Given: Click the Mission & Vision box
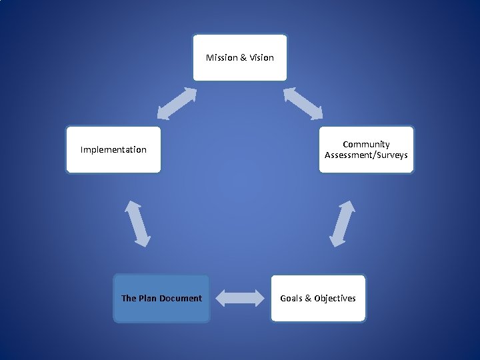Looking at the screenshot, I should (x=240, y=57).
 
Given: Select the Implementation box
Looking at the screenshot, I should (x=113, y=149).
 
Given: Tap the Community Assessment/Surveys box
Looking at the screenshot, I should (x=366, y=149).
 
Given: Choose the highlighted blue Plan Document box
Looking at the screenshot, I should (x=161, y=298).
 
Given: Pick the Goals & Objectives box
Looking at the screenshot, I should (x=318, y=298).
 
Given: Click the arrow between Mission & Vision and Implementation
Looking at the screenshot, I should (x=177, y=103).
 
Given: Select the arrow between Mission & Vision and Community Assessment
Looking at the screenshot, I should (x=303, y=103).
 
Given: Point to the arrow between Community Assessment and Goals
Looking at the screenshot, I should (x=343, y=223).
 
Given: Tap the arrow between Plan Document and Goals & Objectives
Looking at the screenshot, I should (x=240, y=298).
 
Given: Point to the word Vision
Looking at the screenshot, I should (x=262, y=57).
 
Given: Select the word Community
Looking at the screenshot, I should (x=366, y=144).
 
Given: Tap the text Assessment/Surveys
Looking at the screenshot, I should (x=366, y=155).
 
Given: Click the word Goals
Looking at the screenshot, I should (x=291, y=298).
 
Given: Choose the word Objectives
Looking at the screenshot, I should (x=335, y=298).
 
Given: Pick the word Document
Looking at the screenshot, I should (x=181, y=298).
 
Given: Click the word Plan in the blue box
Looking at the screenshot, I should (x=147, y=298).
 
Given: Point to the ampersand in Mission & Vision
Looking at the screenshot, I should (x=243, y=57).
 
